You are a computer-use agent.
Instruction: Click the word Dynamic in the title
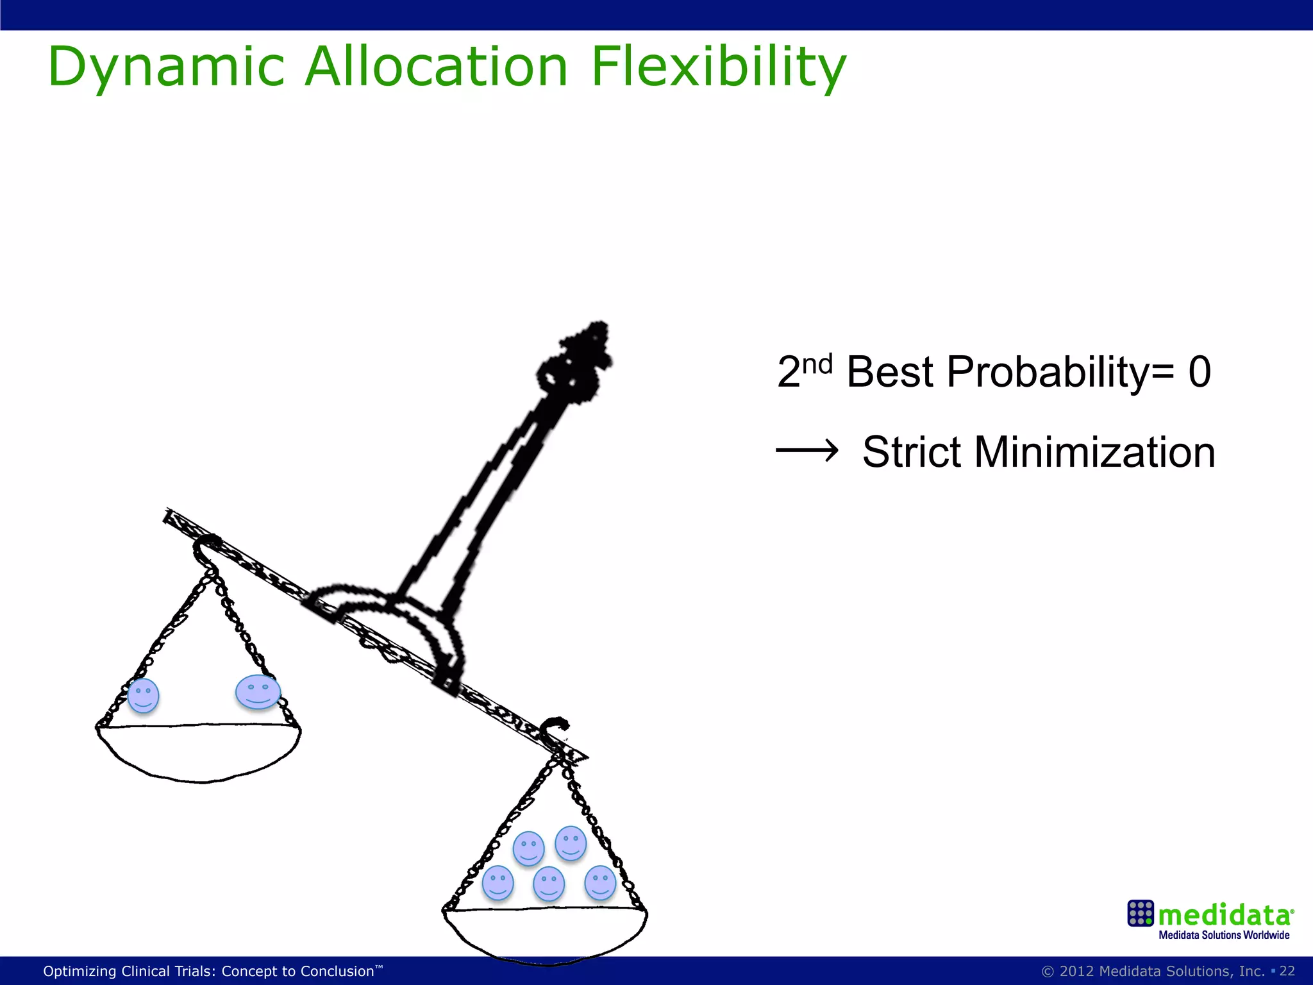pyautogui.click(x=165, y=67)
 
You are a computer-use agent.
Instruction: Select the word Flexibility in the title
pyautogui.click(x=718, y=67)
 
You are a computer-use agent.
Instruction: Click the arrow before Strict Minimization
pyautogui.click(x=807, y=451)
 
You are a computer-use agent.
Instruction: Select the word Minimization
pyautogui.click(x=1094, y=452)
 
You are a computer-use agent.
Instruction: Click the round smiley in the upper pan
pyautogui.click(x=143, y=696)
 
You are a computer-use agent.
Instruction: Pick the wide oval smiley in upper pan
pyautogui.click(x=258, y=692)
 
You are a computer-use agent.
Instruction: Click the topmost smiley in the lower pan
pyautogui.click(x=571, y=843)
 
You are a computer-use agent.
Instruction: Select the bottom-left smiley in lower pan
pyautogui.click(x=498, y=882)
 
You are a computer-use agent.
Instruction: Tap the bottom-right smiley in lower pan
pyautogui.click(x=600, y=882)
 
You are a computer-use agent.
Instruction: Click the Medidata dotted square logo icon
pyautogui.click(x=1140, y=913)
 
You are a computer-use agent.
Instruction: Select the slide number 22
pyautogui.click(x=1287, y=971)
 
